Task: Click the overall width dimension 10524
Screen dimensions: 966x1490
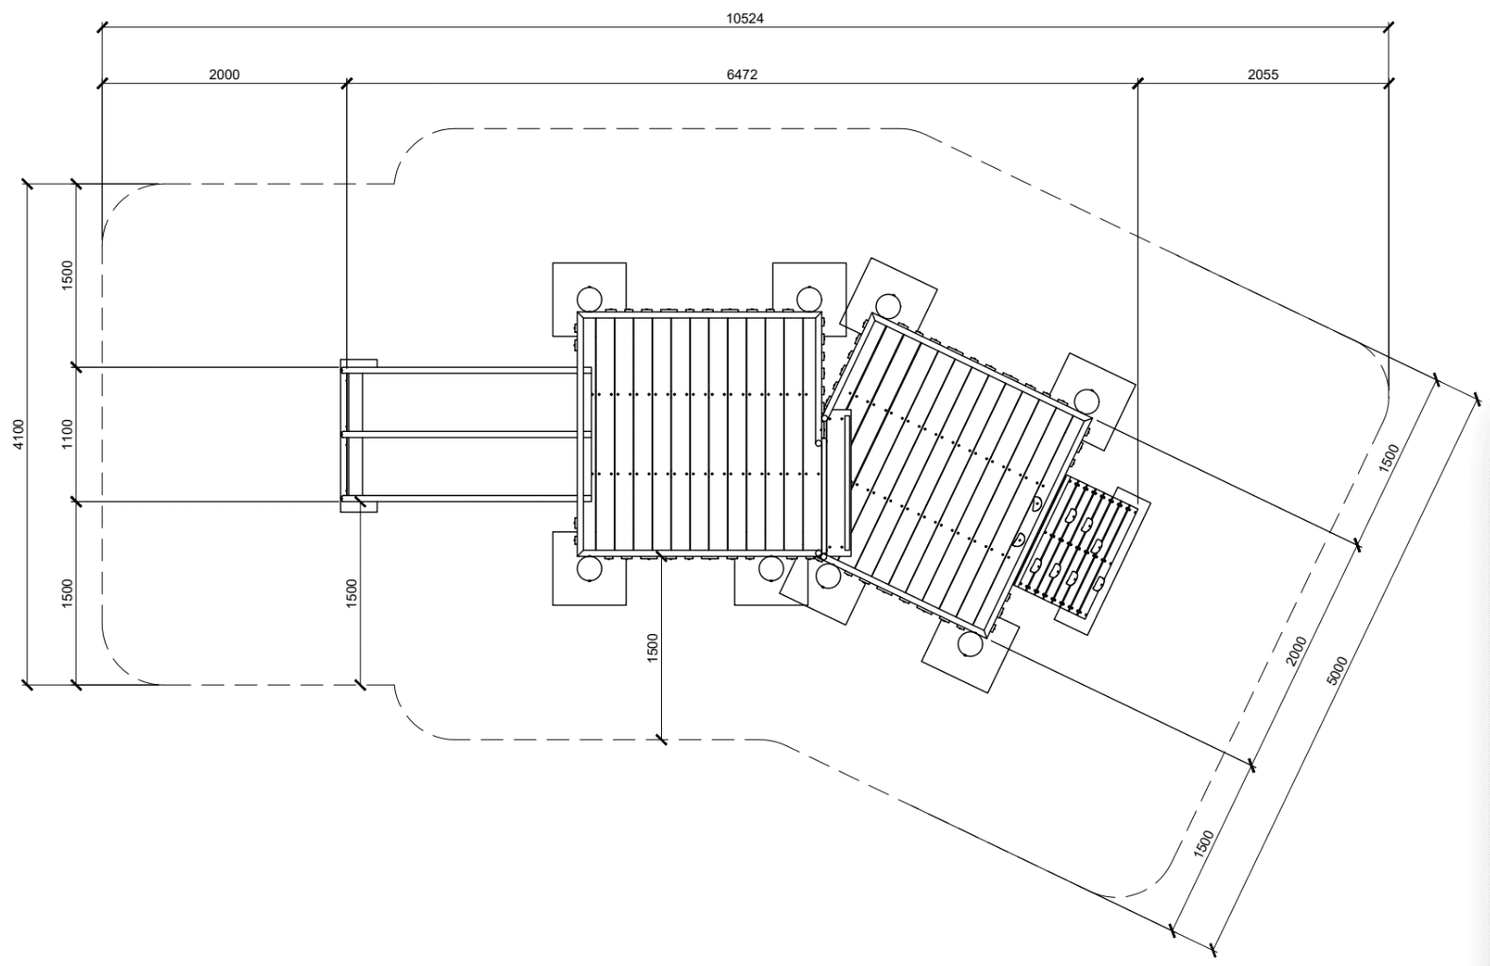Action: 744,18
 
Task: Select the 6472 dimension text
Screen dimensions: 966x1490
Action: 741,75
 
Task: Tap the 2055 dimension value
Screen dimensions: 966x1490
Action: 1263,75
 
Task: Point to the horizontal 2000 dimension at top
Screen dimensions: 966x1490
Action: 223,75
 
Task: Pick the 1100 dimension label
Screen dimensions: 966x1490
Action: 67,434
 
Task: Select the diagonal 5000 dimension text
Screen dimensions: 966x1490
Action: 1336,670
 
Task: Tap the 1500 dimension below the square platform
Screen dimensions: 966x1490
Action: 653,648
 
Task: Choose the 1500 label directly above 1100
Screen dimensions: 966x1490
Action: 67,275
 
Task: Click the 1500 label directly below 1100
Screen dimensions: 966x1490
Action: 67,593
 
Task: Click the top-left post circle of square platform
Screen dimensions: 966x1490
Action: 590,299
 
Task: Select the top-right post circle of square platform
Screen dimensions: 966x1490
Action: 808,299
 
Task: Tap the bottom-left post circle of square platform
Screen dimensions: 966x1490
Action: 590,569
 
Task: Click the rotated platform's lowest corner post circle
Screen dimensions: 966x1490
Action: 969,643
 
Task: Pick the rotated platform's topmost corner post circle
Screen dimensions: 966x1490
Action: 886,305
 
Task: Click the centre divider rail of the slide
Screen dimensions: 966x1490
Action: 462,434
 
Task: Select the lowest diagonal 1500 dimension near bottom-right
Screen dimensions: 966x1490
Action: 1203,842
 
